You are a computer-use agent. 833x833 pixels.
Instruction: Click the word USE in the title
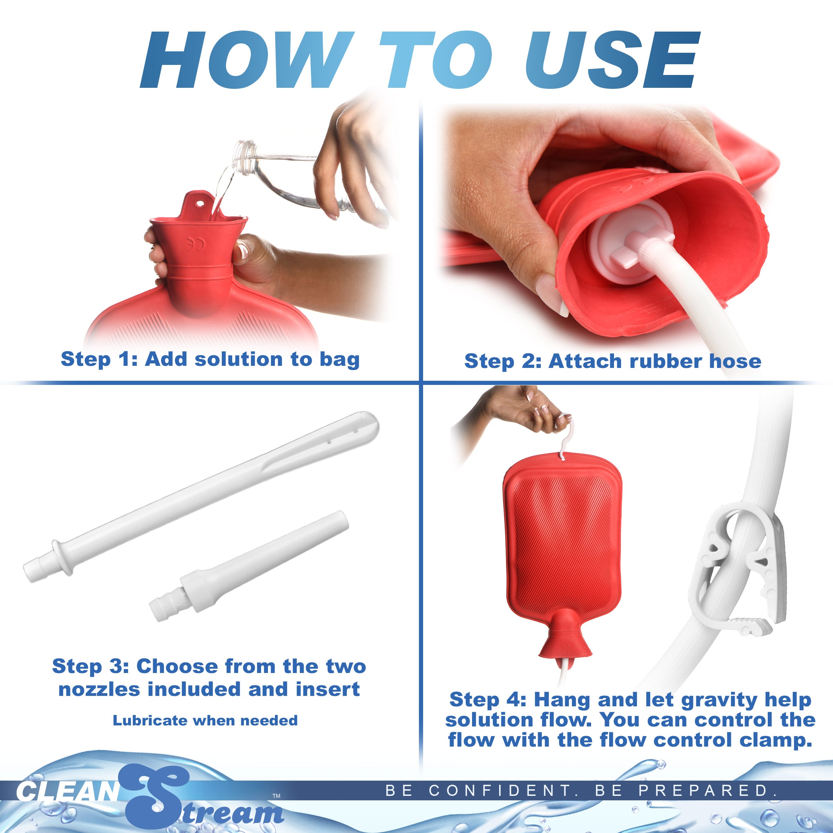(x=612, y=60)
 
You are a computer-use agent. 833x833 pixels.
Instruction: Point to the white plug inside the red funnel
(x=621, y=246)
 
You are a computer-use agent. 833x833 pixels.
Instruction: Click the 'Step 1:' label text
(x=99, y=359)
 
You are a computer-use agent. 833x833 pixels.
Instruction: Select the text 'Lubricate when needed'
(x=205, y=720)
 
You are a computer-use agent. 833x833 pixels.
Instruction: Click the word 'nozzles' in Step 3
(x=99, y=689)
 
